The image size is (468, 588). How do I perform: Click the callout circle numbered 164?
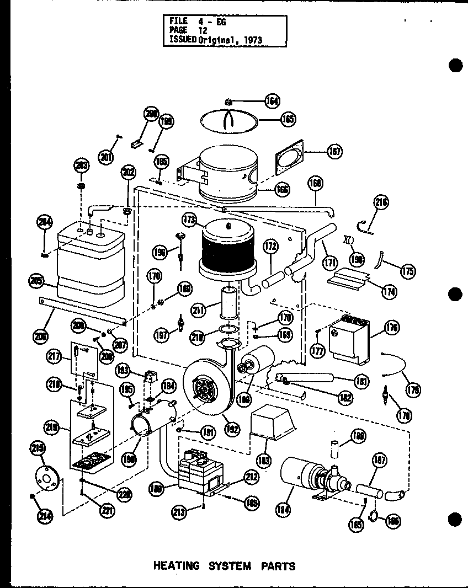tap(272, 100)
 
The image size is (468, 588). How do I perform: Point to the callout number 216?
tap(381, 202)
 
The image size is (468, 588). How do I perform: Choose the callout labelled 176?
tap(393, 328)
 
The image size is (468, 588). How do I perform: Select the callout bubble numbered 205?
tap(37, 281)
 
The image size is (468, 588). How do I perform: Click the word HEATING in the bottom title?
tap(175, 565)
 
